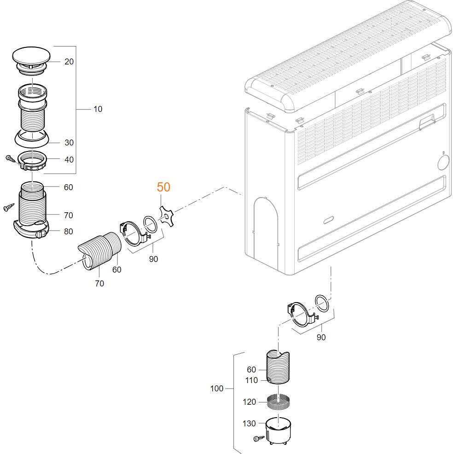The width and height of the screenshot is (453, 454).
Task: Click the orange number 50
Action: coord(163,187)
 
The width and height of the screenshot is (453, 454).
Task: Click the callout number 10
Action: coord(98,109)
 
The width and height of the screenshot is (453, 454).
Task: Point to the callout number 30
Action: coord(69,143)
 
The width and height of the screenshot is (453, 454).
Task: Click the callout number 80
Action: coord(68,232)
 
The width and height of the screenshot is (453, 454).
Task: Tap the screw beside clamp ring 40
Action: coord(10,158)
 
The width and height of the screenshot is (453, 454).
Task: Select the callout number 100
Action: coord(216,389)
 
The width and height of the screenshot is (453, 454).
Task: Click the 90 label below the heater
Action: coord(321,338)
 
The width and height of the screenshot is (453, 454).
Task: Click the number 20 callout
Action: coord(69,62)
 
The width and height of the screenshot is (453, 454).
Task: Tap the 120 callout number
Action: coord(249,402)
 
